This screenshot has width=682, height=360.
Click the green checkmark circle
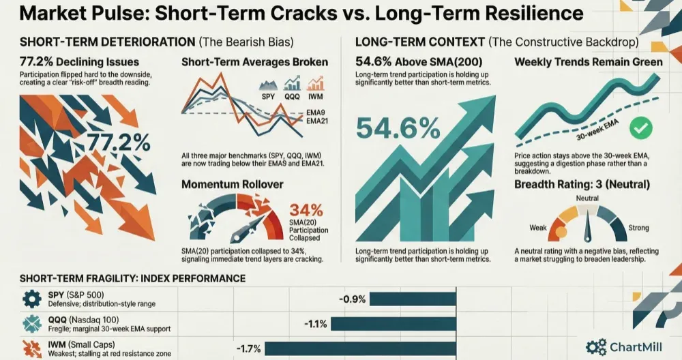640,127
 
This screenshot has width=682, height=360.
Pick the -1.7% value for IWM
248,348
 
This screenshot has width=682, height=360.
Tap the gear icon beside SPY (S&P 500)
31,299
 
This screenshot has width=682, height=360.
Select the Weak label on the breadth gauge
539,228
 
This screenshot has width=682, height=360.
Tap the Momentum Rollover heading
233,183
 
